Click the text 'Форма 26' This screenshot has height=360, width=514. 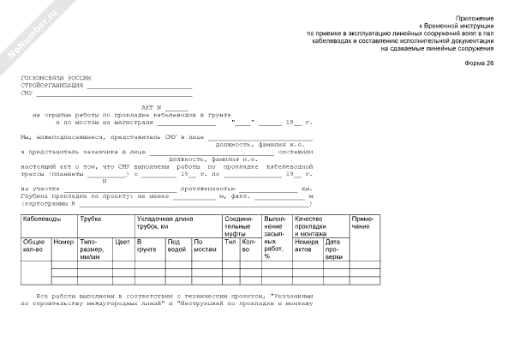tap(480, 64)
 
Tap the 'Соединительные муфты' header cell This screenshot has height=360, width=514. tap(237, 226)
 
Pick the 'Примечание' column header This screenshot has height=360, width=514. tap(362, 223)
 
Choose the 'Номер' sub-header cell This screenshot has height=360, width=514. tap(63, 242)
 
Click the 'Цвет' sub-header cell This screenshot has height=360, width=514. tap(123, 242)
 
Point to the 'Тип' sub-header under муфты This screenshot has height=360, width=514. tap(230, 242)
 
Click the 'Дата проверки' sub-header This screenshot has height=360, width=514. tap(334, 249)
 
